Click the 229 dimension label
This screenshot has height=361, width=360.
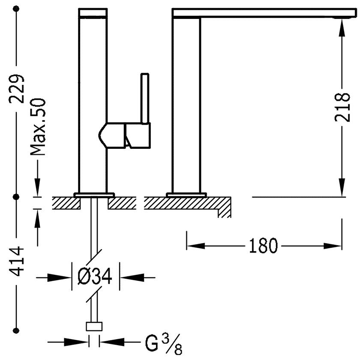tap(16, 89)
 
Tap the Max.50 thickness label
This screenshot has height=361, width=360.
tap(38, 127)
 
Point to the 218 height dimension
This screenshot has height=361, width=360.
tap(342, 107)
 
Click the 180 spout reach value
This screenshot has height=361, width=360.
tap(264, 246)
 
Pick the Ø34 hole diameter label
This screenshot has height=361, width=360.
tap(95, 276)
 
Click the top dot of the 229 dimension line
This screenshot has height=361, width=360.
tap(16, 9)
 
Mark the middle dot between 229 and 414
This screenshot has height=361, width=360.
tap(16, 197)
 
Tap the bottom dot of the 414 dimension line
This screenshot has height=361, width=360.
tap(16, 331)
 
